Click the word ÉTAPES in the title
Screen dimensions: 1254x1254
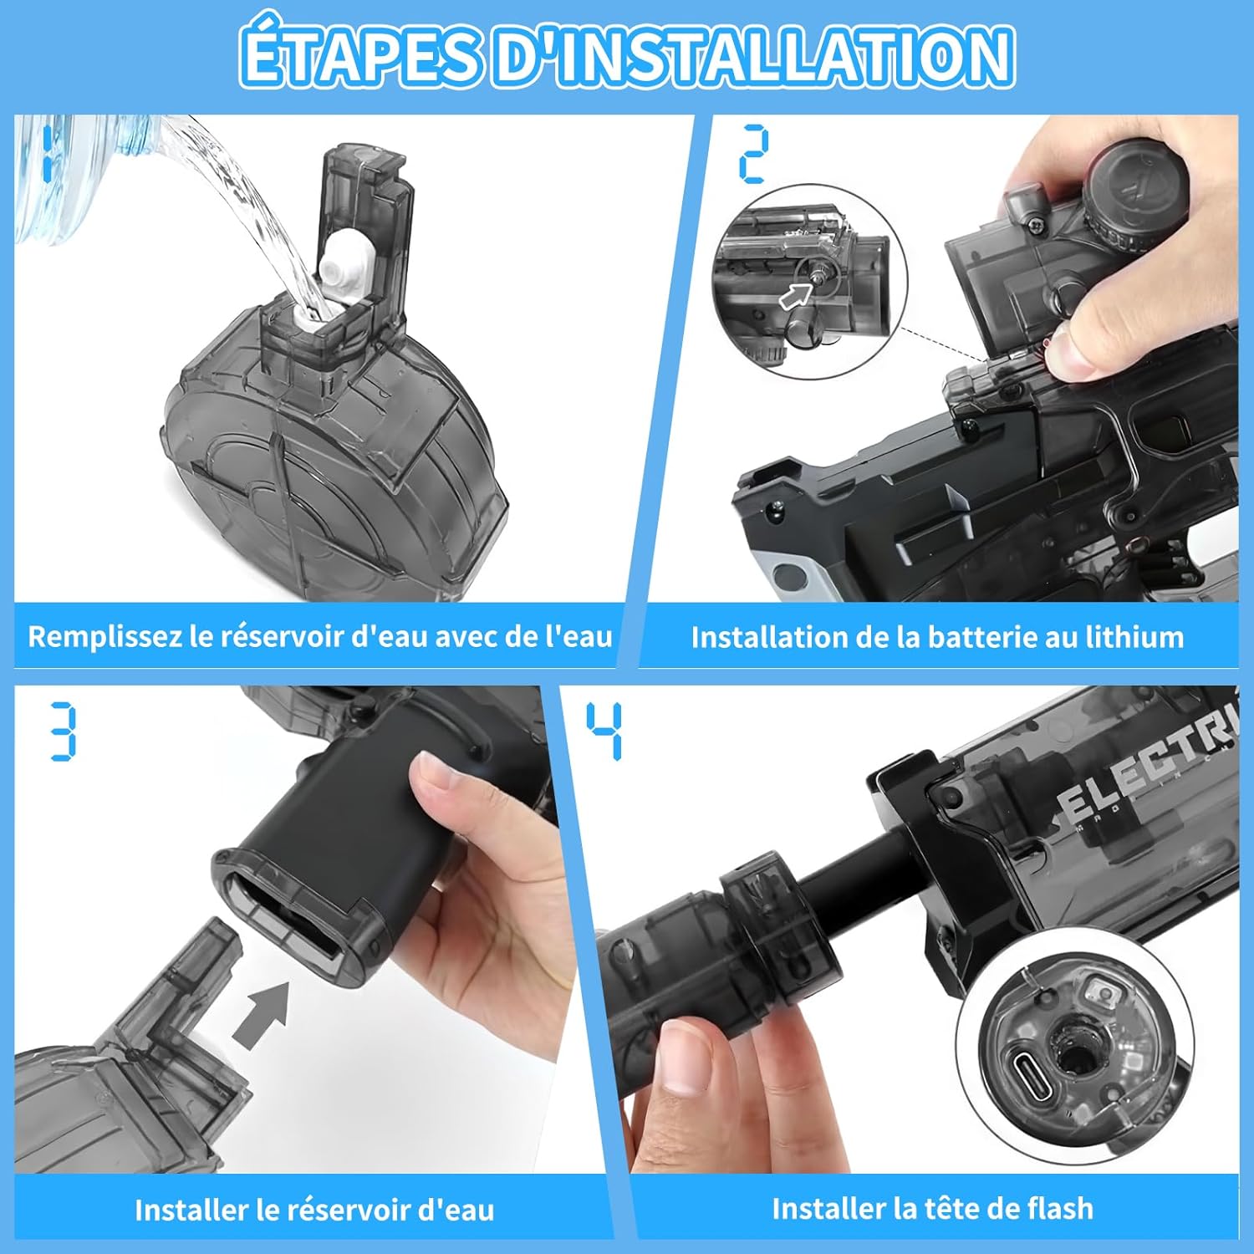pyautogui.click(x=359, y=55)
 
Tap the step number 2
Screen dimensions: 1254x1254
pyautogui.click(x=753, y=154)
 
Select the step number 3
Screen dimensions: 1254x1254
pyautogui.click(x=63, y=731)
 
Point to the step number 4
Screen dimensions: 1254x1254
pyautogui.click(x=604, y=731)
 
